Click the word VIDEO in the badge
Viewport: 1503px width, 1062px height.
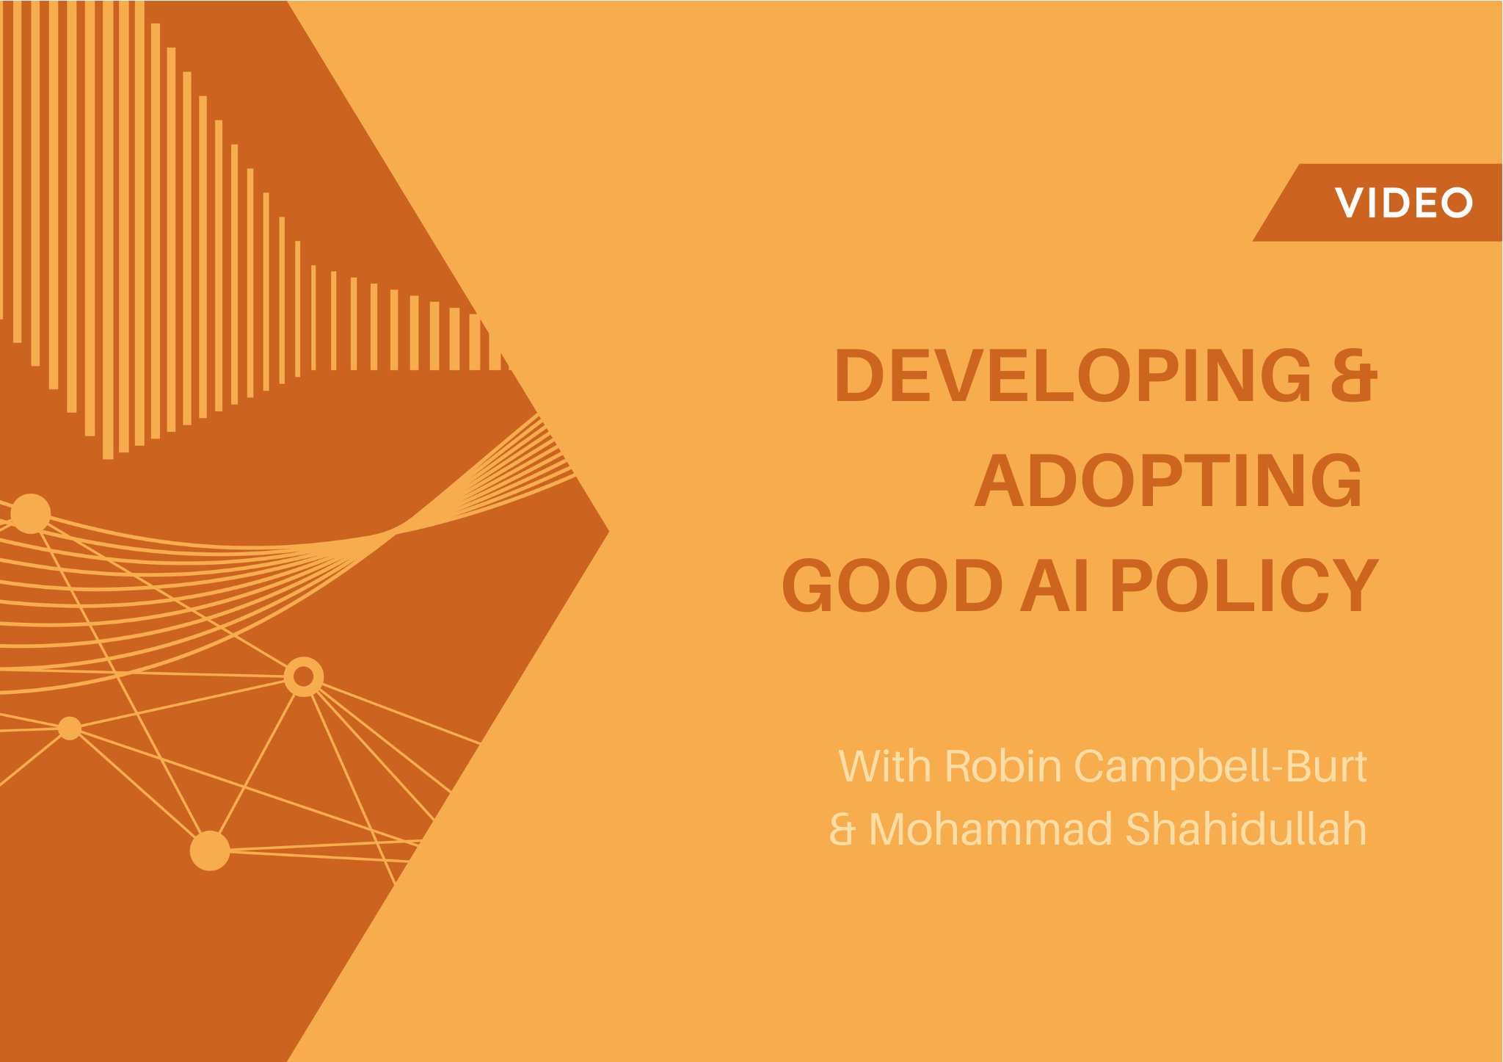(1403, 203)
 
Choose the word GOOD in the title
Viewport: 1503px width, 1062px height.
(892, 585)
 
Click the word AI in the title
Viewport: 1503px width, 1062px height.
(1055, 585)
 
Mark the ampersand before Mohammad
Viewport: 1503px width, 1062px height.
(843, 829)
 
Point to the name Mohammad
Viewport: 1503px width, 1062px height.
(990, 829)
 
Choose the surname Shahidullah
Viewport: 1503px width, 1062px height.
(1245, 829)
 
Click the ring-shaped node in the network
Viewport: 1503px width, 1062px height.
(303, 676)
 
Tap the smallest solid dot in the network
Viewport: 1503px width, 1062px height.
(70, 728)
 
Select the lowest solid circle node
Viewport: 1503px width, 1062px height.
(210, 850)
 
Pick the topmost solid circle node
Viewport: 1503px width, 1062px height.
(30, 513)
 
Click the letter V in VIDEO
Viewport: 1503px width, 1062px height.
(1348, 203)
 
